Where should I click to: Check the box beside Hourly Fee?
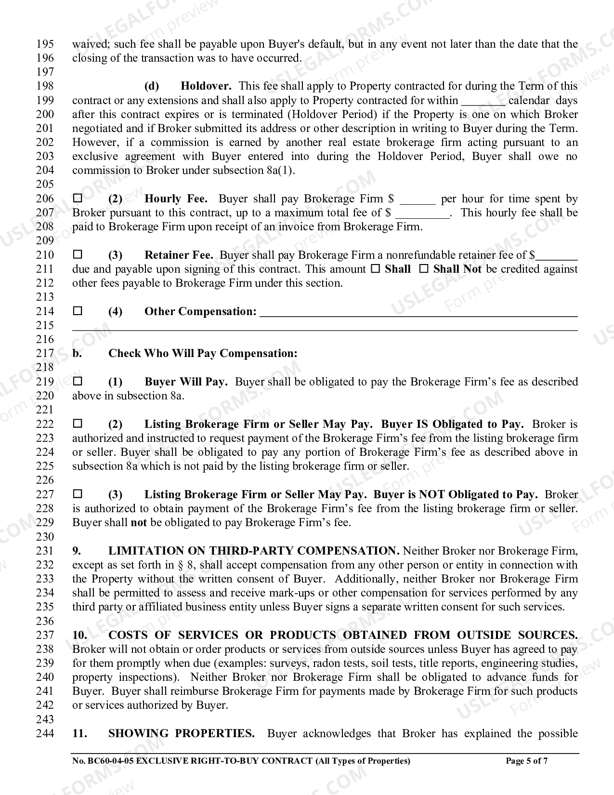pyautogui.click(x=78, y=198)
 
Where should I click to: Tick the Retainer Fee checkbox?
pyautogui.click(x=78, y=254)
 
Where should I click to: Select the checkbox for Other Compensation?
pyautogui.click(x=78, y=311)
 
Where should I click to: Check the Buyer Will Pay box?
pyautogui.click(x=78, y=381)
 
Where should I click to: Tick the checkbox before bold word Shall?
pyautogui.click(x=376, y=269)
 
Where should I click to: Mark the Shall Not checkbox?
pyautogui.click(x=424, y=269)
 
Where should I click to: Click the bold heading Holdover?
pyautogui.click(x=206, y=86)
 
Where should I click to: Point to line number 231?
pyautogui.click(x=45, y=551)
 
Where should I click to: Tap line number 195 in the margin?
pyautogui.click(x=45, y=44)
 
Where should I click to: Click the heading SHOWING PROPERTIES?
pyautogui.click(x=181, y=733)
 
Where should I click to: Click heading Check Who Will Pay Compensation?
pyautogui.click(x=202, y=353)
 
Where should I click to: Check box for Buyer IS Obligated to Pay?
pyautogui.click(x=78, y=424)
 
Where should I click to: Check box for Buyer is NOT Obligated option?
pyautogui.click(x=78, y=494)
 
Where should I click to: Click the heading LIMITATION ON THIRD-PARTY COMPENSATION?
pyautogui.click(x=253, y=551)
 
